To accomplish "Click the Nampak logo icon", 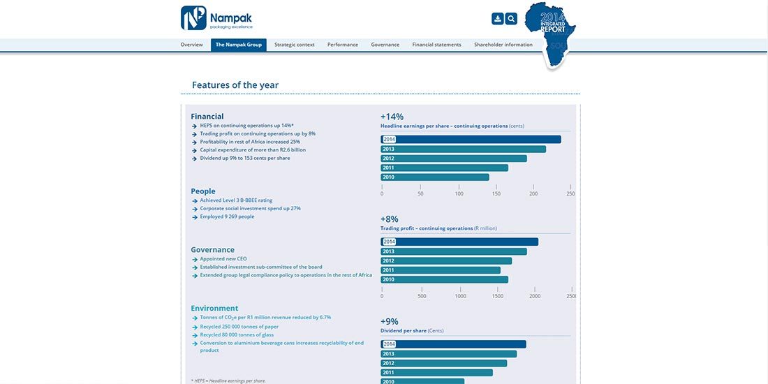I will (x=193, y=17).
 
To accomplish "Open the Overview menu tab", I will (x=191, y=45).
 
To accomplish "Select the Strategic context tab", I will (x=294, y=45).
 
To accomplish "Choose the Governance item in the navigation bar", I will (x=385, y=45).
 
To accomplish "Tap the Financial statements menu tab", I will (x=436, y=45).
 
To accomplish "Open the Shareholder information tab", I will (x=503, y=45).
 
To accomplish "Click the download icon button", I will (x=497, y=19).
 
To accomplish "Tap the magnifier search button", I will (x=511, y=19).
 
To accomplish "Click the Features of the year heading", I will (x=235, y=85).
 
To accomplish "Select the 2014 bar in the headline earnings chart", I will (x=471, y=140).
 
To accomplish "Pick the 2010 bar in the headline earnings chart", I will (x=435, y=177).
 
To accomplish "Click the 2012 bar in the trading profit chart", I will (x=446, y=261).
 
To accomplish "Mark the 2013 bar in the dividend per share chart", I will (x=448, y=354).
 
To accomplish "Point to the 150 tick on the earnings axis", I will (x=496, y=193).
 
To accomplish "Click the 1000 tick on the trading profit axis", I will (x=460, y=296).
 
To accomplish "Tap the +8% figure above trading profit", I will (x=390, y=219).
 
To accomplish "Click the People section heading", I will (x=203, y=191).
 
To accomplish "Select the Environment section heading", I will (x=214, y=308).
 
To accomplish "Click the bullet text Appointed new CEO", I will (x=223, y=259).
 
